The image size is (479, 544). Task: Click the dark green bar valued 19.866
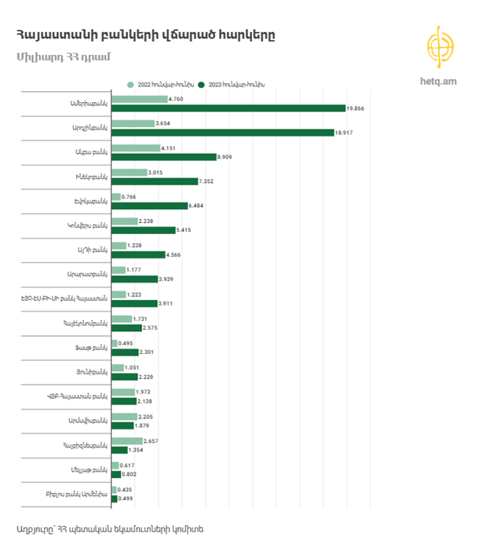tap(228, 108)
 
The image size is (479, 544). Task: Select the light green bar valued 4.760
tap(139, 99)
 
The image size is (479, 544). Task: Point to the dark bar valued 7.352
tap(155, 181)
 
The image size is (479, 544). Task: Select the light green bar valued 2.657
tap(126, 441)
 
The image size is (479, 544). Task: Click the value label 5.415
tap(187, 230)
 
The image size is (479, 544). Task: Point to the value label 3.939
tap(170, 279)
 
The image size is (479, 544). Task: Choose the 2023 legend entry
tap(236, 83)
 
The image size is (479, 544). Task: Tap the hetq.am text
tap(440, 81)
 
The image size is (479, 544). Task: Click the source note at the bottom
tap(109, 528)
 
